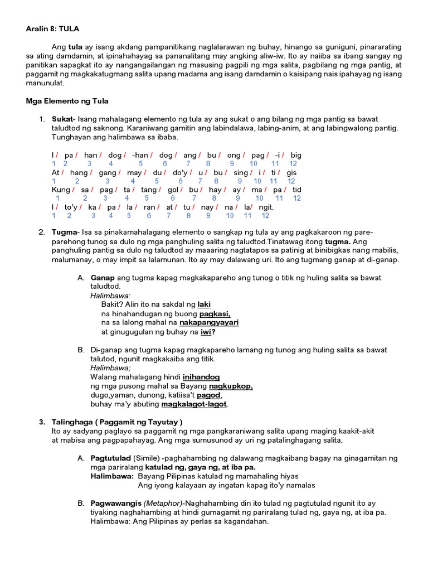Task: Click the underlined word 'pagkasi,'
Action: pos(215,314)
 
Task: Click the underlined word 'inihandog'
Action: pos(201,378)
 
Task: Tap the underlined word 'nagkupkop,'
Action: pos(231,386)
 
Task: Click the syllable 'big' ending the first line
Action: pos(296,155)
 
